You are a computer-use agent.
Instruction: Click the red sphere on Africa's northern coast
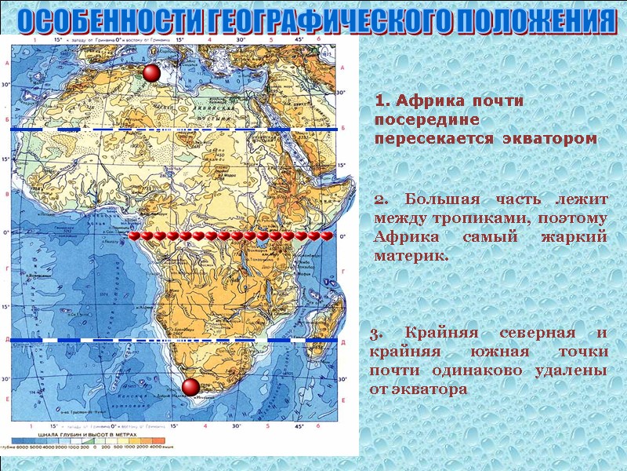pos(151,73)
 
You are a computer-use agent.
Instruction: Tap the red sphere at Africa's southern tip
pos(190,387)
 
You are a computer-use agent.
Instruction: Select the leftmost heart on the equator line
pos(135,235)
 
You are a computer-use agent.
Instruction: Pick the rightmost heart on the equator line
pos(327,235)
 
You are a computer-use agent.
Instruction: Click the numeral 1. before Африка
pos(382,102)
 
